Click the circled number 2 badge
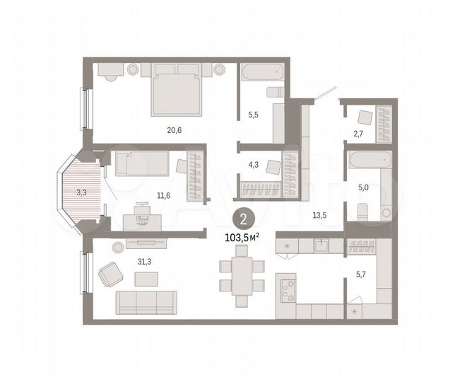point(242,219)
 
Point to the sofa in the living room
point(146,301)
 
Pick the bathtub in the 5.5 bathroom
point(261,74)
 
